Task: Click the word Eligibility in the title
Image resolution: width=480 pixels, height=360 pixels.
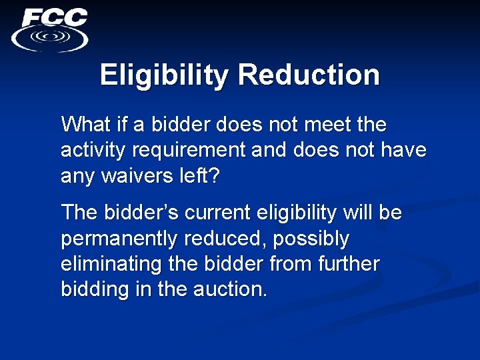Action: pyautogui.click(x=164, y=75)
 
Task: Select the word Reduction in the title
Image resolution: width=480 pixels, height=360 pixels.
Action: pyautogui.click(x=309, y=75)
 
